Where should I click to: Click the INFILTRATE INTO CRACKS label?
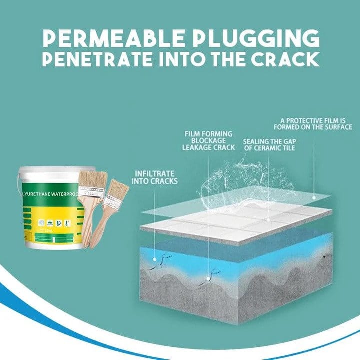pos(156,177)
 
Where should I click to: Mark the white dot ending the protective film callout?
pos(314,197)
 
